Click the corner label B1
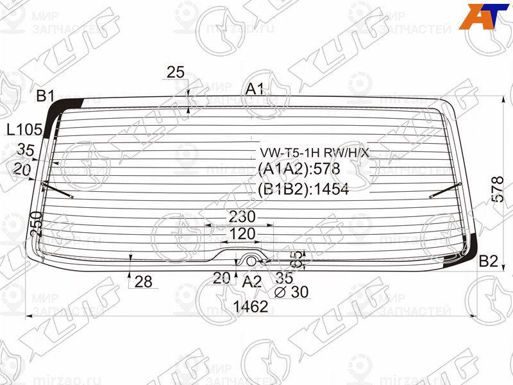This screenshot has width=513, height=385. pyautogui.click(x=45, y=97)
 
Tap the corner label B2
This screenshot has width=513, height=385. pyautogui.click(x=489, y=261)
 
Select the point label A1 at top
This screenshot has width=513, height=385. pyautogui.click(x=255, y=89)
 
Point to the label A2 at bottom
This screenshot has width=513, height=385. pyautogui.click(x=252, y=281)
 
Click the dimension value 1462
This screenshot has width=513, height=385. pyautogui.click(x=250, y=307)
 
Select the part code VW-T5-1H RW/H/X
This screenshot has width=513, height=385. pyautogui.click(x=314, y=153)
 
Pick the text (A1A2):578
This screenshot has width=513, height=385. pyautogui.click(x=298, y=169)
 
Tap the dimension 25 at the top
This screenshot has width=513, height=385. pyautogui.click(x=176, y=73)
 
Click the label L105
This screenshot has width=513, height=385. pyautogui.click(x=24, y=130)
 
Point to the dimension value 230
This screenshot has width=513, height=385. pyautogui.click(x=240, y=216)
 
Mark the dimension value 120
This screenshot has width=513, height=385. pyautogui.click(x=242, y=234)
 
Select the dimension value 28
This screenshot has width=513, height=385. pyautogui.click(x=144, y=281)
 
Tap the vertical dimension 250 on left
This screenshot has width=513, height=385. pyautogui.click(x=36, y=223)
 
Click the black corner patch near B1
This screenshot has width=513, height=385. pyautogui.click(x=68, y=106)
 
